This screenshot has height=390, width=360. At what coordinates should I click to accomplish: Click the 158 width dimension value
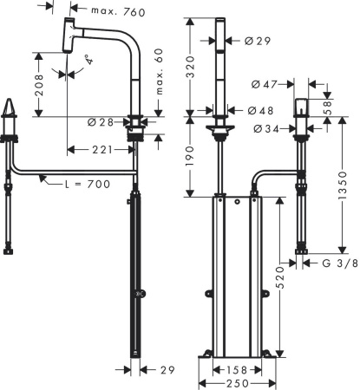[x=234, y=370]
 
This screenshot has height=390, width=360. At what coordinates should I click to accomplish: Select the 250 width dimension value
[x=234, y=383]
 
